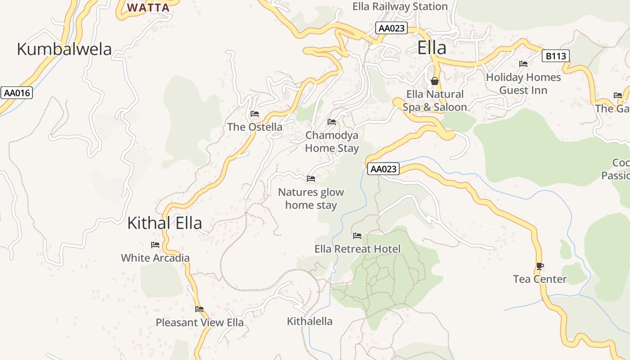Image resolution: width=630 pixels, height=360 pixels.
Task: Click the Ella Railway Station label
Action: click(x=400, y=6)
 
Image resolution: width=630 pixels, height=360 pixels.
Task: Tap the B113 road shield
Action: click(x=555, y=56)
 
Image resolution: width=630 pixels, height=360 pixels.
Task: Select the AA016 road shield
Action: click(x=17, y=93)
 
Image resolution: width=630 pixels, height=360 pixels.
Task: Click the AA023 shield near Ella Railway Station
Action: click(x=391, y=28)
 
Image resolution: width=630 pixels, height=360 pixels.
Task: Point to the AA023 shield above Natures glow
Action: click(x=383, y=169)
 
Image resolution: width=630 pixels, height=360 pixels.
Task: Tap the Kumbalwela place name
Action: click(x=64, y=49)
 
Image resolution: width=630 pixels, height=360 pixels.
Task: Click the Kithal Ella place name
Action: click(x=164, y=223)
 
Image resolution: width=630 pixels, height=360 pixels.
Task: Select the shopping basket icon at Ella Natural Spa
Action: click(x=435, y=81)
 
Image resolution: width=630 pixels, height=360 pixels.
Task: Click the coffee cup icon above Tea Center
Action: click(x=540, y=266)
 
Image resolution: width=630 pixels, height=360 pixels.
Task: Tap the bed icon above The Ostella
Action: click(x=255, y=114)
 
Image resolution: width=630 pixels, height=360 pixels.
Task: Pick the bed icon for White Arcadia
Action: click(x=155, y=245)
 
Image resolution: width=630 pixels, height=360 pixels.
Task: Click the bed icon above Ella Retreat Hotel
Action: click(x=357, y=236)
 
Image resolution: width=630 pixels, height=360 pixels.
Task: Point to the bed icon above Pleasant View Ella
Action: click(x=199, y=309)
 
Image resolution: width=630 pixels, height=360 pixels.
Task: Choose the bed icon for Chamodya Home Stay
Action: click(x=332, y=122)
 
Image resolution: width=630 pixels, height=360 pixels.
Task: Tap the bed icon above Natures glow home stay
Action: click(x=310, y=179)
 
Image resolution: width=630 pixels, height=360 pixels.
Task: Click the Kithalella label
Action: click(x=310, y=321)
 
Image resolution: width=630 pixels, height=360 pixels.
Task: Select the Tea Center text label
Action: click(x=540, y=279)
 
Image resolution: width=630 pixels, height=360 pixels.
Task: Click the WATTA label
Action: click(x=148, y=8)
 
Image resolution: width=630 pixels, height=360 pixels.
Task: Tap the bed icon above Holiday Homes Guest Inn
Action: click(x=523, y=64)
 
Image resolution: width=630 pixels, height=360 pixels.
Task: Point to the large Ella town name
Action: click(x=432, y=48)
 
